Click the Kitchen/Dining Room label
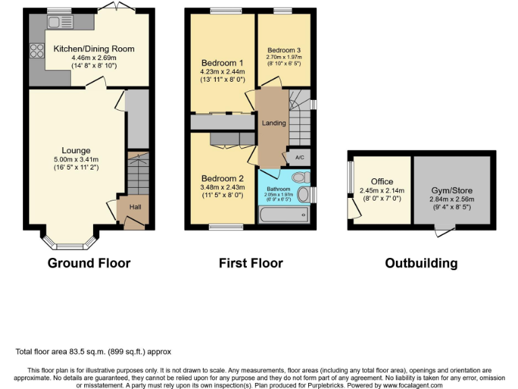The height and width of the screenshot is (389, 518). (x=94, y=49)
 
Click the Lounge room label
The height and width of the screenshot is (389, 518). (x=76, y=150)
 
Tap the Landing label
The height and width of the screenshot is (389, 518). (x=274, y=123)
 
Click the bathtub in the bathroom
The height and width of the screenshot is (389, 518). (x=283, y=215)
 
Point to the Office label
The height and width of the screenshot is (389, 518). (x=382, y=182)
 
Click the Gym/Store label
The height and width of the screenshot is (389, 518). (x=451, y=190)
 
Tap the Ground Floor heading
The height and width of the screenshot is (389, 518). (x=88, y=263)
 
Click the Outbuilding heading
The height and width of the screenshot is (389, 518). (x=421, y=263)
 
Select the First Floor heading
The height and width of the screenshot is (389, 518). (x=250, y=263)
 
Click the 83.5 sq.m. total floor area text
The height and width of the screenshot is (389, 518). (x=94, y=352)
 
